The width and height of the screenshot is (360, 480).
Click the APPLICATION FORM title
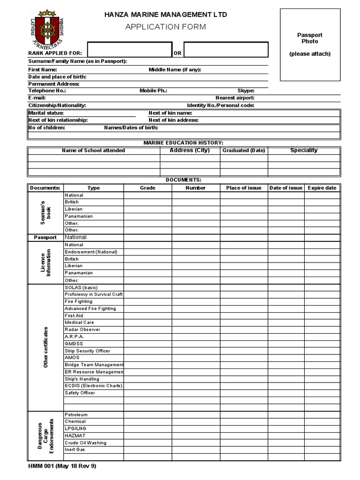point(165,27)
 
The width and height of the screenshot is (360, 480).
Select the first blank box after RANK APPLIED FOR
point(129,50)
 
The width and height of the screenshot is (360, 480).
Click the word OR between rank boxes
point(178,53)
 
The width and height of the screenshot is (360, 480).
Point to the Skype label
point(246,90)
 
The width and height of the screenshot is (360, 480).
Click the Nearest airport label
point(235,98)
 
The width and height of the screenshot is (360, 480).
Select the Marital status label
point(46,113)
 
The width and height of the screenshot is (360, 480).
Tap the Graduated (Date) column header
point(244,150)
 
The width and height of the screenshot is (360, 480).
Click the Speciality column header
point(304,150)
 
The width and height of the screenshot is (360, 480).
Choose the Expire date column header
point(322,188)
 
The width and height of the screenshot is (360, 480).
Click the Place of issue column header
point(244,188)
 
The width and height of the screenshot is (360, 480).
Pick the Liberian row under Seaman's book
point(74,209)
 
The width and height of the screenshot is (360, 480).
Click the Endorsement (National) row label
point(91,252)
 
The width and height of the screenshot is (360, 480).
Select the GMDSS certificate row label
point(74,344)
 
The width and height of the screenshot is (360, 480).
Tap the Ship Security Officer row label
point(87,351)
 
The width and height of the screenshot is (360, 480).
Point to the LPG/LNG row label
point(75,428)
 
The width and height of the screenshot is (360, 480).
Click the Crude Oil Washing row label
point(85,442)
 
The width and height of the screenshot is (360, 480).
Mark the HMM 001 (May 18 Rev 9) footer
point(62,466)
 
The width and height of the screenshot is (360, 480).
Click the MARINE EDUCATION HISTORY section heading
point(183,142)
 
